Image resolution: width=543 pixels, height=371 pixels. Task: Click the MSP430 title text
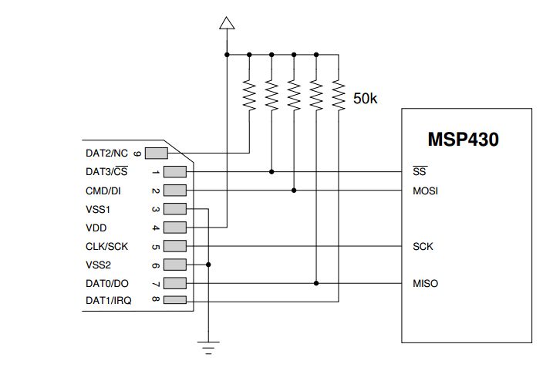click(463, 140)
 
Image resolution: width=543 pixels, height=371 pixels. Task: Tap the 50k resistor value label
click(366, 99)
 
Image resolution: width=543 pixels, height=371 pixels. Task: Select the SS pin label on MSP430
click(420, 171)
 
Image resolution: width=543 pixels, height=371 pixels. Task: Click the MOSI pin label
click(426, 191)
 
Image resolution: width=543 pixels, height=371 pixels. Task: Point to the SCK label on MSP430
click(423, 247)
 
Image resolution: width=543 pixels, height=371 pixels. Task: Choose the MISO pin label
click(426, 284)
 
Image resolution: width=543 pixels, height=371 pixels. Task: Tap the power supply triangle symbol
click(226, 22)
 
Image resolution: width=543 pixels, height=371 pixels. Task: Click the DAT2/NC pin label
click(107, 153)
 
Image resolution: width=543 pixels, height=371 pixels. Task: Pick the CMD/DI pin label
click(106, 191)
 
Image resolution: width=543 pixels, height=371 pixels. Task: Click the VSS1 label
click(98, 209)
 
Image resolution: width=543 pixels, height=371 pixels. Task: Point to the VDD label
click(96, 228)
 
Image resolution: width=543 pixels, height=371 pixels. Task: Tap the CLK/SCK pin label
click(106, 247)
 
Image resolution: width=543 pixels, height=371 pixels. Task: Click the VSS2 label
click(98, 265)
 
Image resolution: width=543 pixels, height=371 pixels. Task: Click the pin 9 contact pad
click(156, 153)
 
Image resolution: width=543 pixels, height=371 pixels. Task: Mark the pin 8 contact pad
click(175, 301)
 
